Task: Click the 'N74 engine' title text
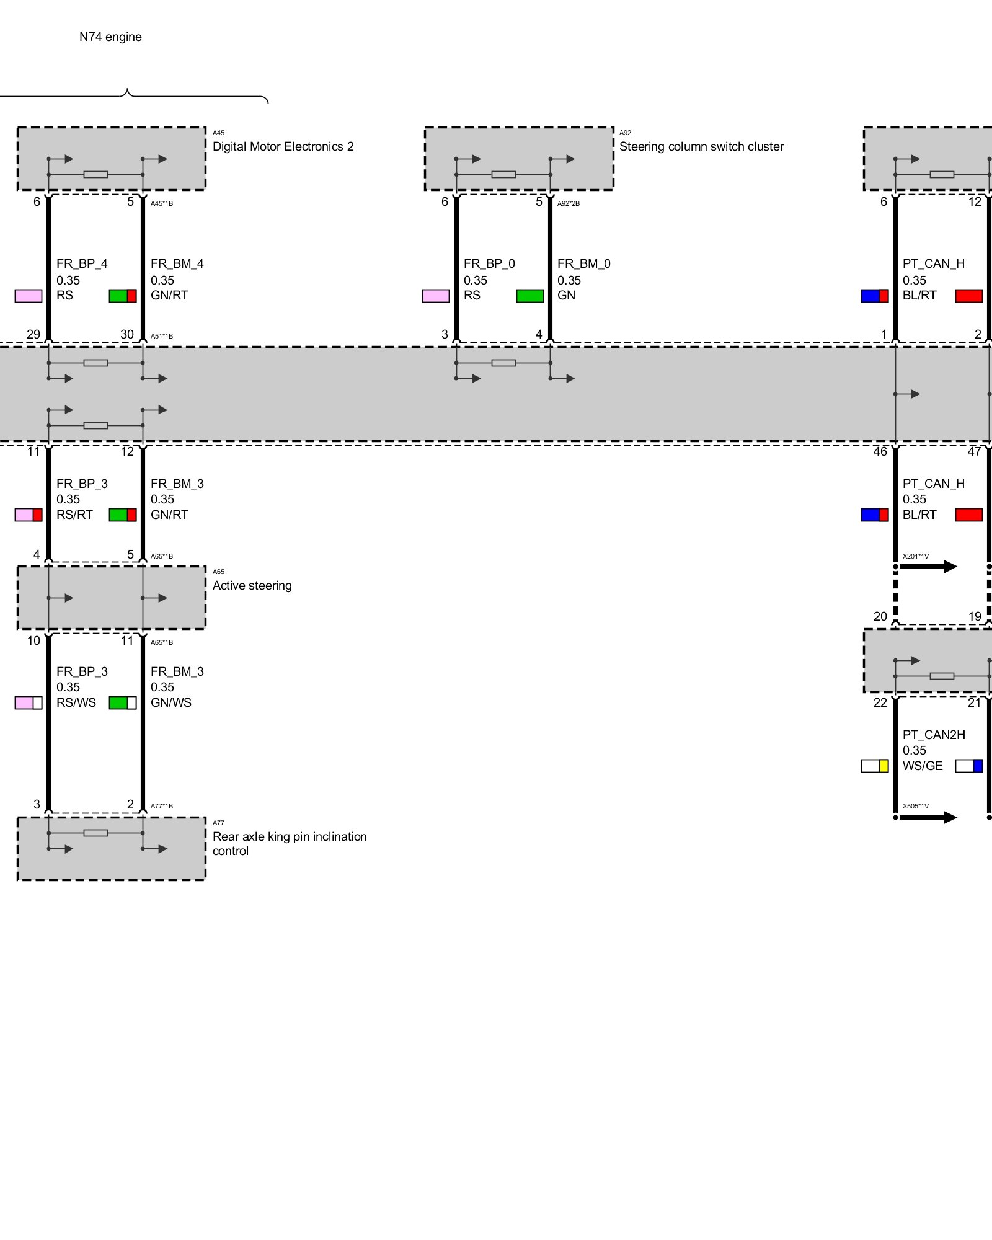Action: coord(110,37)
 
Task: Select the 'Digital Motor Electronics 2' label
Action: coord(283,147)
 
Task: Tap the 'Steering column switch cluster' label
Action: coord(701,147)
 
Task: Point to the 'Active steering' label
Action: coord(252,586)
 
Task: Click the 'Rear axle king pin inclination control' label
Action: coord(289,844)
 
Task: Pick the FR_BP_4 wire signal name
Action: coord(82,264)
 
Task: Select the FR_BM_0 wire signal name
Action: coord(583,264)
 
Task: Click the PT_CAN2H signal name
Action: coord(934,735)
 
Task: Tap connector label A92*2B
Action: coord(569,204)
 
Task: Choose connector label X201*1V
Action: coord(916,557)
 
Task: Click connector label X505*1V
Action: coord(916,807)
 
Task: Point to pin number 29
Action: coord(33,335)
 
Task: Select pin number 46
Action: coord(880,452)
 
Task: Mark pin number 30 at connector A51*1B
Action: coord(127,335)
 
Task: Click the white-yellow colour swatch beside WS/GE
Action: coord(874,766)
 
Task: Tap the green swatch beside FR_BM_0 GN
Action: coord(529,296)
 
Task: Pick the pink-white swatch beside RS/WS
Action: coord(29,703)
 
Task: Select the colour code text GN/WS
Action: coord(171,703)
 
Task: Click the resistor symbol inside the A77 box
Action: coord(95,833)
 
